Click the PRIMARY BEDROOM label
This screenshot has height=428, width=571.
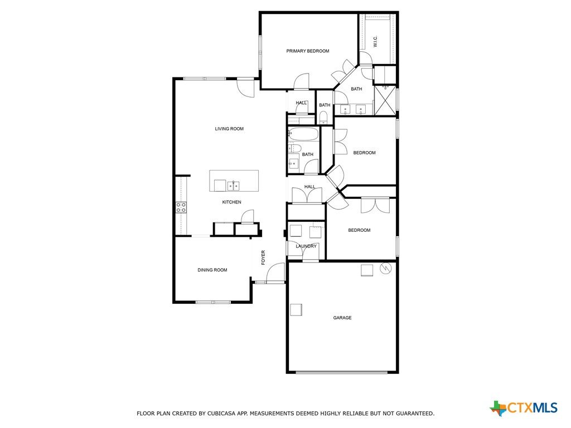pos(307,51)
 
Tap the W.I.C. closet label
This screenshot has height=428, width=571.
pos(375,41)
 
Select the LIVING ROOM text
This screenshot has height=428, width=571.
pos(229,129)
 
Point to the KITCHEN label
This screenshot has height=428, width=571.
pos(231,202)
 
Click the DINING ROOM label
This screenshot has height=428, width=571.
pos(212,270)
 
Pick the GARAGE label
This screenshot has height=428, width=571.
pos(342,318)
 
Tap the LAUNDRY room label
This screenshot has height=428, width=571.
pos(306,246)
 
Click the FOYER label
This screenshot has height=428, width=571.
pos(263,257)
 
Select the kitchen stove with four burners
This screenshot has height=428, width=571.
pos(181,207)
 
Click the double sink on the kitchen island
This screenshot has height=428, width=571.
pos(234,186)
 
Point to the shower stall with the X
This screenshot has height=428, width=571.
pos(385,100)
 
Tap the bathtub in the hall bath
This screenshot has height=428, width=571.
pos(303,134)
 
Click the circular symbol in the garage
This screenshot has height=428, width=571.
pos(385,269)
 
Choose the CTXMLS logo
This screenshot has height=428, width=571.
pos(524,408)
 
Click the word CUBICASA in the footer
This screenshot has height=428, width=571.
pos(222,414)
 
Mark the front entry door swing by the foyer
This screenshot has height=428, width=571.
pos(275,273)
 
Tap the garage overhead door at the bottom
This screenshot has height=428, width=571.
pos(342,372)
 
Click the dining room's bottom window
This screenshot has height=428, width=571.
pos(213,302)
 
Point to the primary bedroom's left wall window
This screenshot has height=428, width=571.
pos(260,52)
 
